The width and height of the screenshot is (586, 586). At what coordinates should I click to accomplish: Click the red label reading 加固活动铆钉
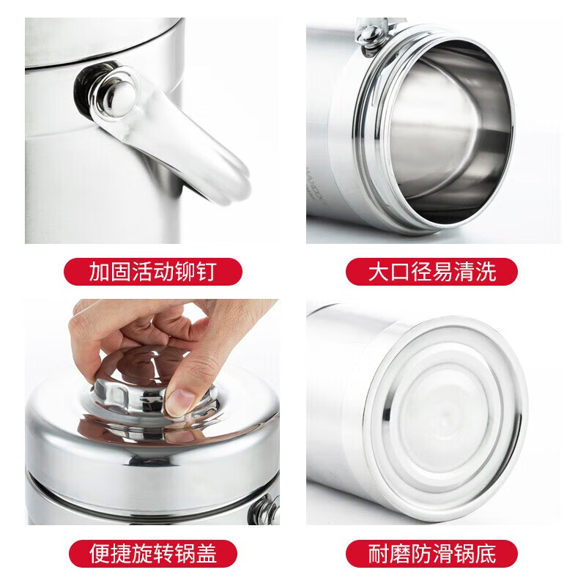pyautogui.click(x=153, y=272)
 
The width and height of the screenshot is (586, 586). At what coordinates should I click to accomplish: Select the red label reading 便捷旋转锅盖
pyautogui.click(x=153, y=552)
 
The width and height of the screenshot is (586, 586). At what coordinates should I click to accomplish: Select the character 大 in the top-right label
pyautogui.click(x=379, y=272)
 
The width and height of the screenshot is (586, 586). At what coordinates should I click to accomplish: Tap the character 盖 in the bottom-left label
pyautogui.click(x=206, y=552)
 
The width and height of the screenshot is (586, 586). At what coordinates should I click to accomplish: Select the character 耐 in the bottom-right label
pyautogui.click(x=379, y=552)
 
